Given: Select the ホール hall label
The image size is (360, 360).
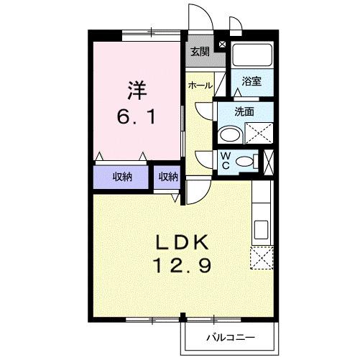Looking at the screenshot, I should (200, 86).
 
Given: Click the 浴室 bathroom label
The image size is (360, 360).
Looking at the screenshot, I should (251, 81).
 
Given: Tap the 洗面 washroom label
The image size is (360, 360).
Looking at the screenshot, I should (245, 111).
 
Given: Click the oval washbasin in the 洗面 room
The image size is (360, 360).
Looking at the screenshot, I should (231, 134).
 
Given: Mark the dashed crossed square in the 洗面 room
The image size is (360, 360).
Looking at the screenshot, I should (258, 133).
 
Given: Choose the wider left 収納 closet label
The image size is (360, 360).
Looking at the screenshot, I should (121, 177).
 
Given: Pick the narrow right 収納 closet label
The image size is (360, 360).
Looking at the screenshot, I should (168, 177).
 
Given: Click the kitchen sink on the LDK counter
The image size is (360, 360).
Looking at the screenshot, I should (260, 230).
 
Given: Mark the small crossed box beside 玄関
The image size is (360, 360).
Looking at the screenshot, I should (221, 45).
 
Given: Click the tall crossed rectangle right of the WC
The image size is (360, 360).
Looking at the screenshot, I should (269, 160).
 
